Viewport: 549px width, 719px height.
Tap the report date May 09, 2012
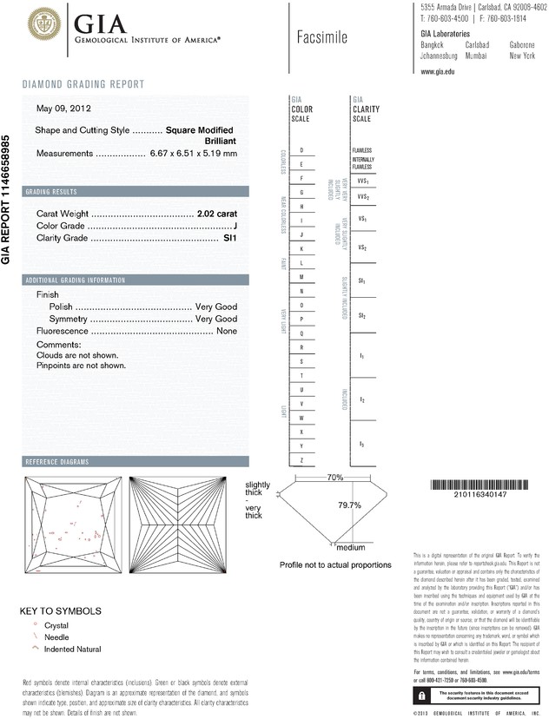tap(63, 109)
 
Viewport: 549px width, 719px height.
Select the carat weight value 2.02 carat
tap(217, 213)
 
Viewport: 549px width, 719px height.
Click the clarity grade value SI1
tap(230, 237)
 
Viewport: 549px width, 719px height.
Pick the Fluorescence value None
tap(227, 331)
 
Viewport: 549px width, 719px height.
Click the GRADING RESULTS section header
tap(51, 191)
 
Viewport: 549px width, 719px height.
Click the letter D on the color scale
tap(301, 150)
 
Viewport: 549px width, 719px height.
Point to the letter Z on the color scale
tap(301, 459)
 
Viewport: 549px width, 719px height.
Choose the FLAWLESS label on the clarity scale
tap(362, 150)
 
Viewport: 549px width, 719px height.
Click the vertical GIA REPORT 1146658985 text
tap(6, 199)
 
